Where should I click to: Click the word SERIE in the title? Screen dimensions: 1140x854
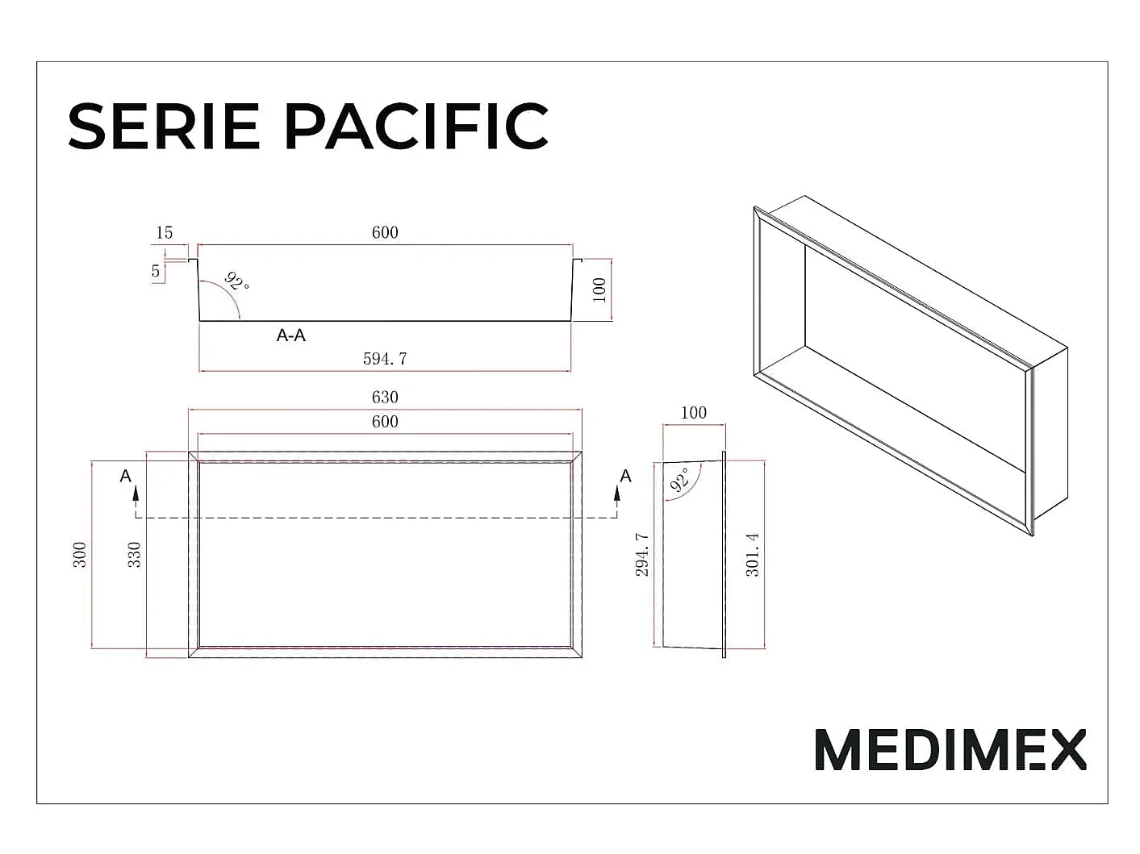click(163, 126)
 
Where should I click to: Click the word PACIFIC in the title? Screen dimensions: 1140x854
click(416, 126)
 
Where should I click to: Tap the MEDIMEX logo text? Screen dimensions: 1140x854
click(950, 750)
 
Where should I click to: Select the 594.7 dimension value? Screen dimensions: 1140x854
click(385, 359)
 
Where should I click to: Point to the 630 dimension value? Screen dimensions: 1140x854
click(385, 397)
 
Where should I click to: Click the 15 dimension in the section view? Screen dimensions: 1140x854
click(164, 232)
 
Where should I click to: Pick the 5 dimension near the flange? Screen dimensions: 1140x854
click(155, 270)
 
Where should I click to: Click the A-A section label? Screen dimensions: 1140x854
click(290, 335)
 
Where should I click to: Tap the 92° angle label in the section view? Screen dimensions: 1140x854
click(237, 281)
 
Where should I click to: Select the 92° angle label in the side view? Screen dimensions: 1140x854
click(679, 479)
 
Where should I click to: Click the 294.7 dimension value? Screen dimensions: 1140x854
click(642, 555)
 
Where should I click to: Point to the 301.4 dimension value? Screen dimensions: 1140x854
click(753, 555)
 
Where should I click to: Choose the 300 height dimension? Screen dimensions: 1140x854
click(79, 555)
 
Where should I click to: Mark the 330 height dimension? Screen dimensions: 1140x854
click(135, 555)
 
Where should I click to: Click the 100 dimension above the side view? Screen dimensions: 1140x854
click(693, 413)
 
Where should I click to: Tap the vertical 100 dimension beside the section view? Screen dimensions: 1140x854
click(599, 290)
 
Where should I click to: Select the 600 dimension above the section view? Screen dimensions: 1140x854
click(385, 232)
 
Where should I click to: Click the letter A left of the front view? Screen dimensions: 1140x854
click(126, 476)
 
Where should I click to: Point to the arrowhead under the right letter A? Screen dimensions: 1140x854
click(617, 494)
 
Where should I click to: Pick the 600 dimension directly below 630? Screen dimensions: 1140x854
click(385, 422)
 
